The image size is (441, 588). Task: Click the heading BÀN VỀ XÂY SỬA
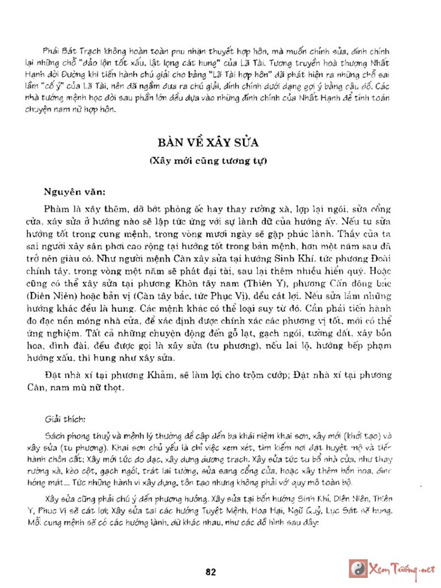tap(208, 143)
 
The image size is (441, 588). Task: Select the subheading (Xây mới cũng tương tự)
tap(208, 161)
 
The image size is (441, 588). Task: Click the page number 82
tap(210, 571)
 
